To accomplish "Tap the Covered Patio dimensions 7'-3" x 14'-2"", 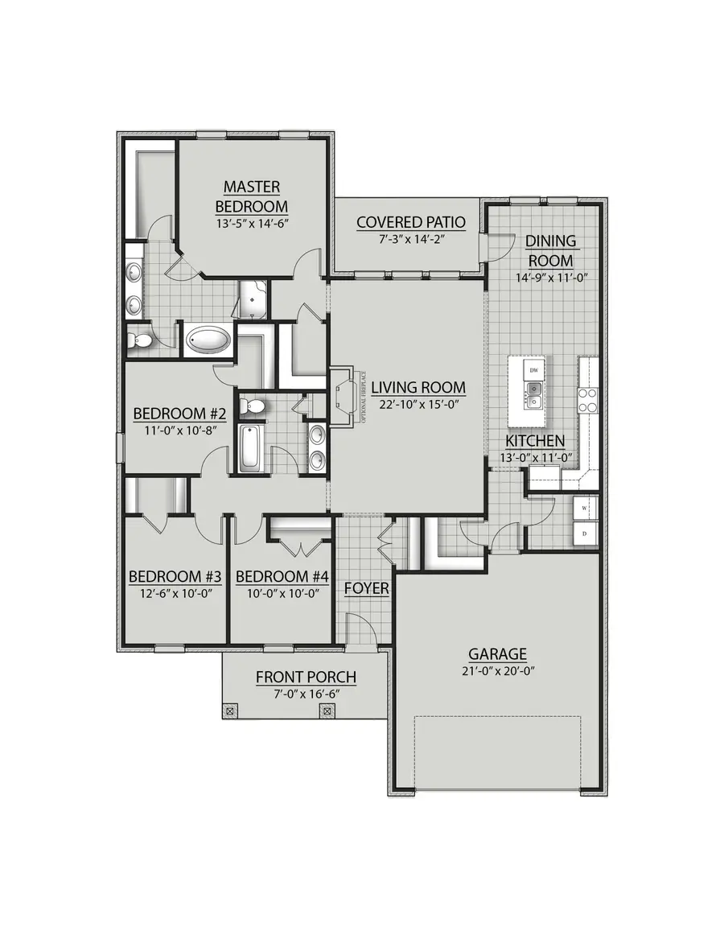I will point(411,239).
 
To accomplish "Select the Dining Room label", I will point(550,251).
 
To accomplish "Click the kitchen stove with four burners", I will point(587,400).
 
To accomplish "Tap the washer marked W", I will point(585,509).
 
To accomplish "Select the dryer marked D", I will point(585,534).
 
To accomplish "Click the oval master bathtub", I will point(208,340).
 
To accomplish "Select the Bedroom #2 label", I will point(179,414).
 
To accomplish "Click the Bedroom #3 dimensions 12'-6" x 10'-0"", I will point(175,594).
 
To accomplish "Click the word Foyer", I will point(367,589).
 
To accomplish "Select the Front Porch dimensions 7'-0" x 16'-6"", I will point(306,694).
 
